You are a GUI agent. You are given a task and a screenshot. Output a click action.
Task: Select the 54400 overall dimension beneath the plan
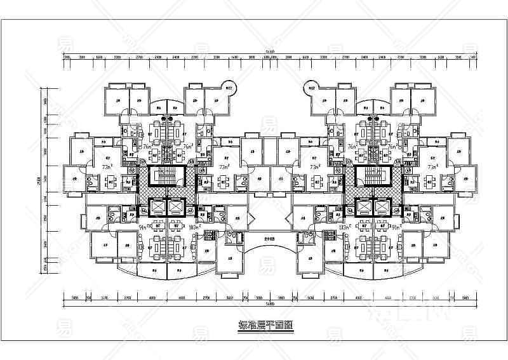[270, 303]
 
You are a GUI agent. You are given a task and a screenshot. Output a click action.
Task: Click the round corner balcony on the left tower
[227, 88]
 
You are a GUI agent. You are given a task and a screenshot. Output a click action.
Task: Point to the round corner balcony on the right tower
[312, 88]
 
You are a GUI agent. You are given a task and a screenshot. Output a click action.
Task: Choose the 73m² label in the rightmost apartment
[432, 167]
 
